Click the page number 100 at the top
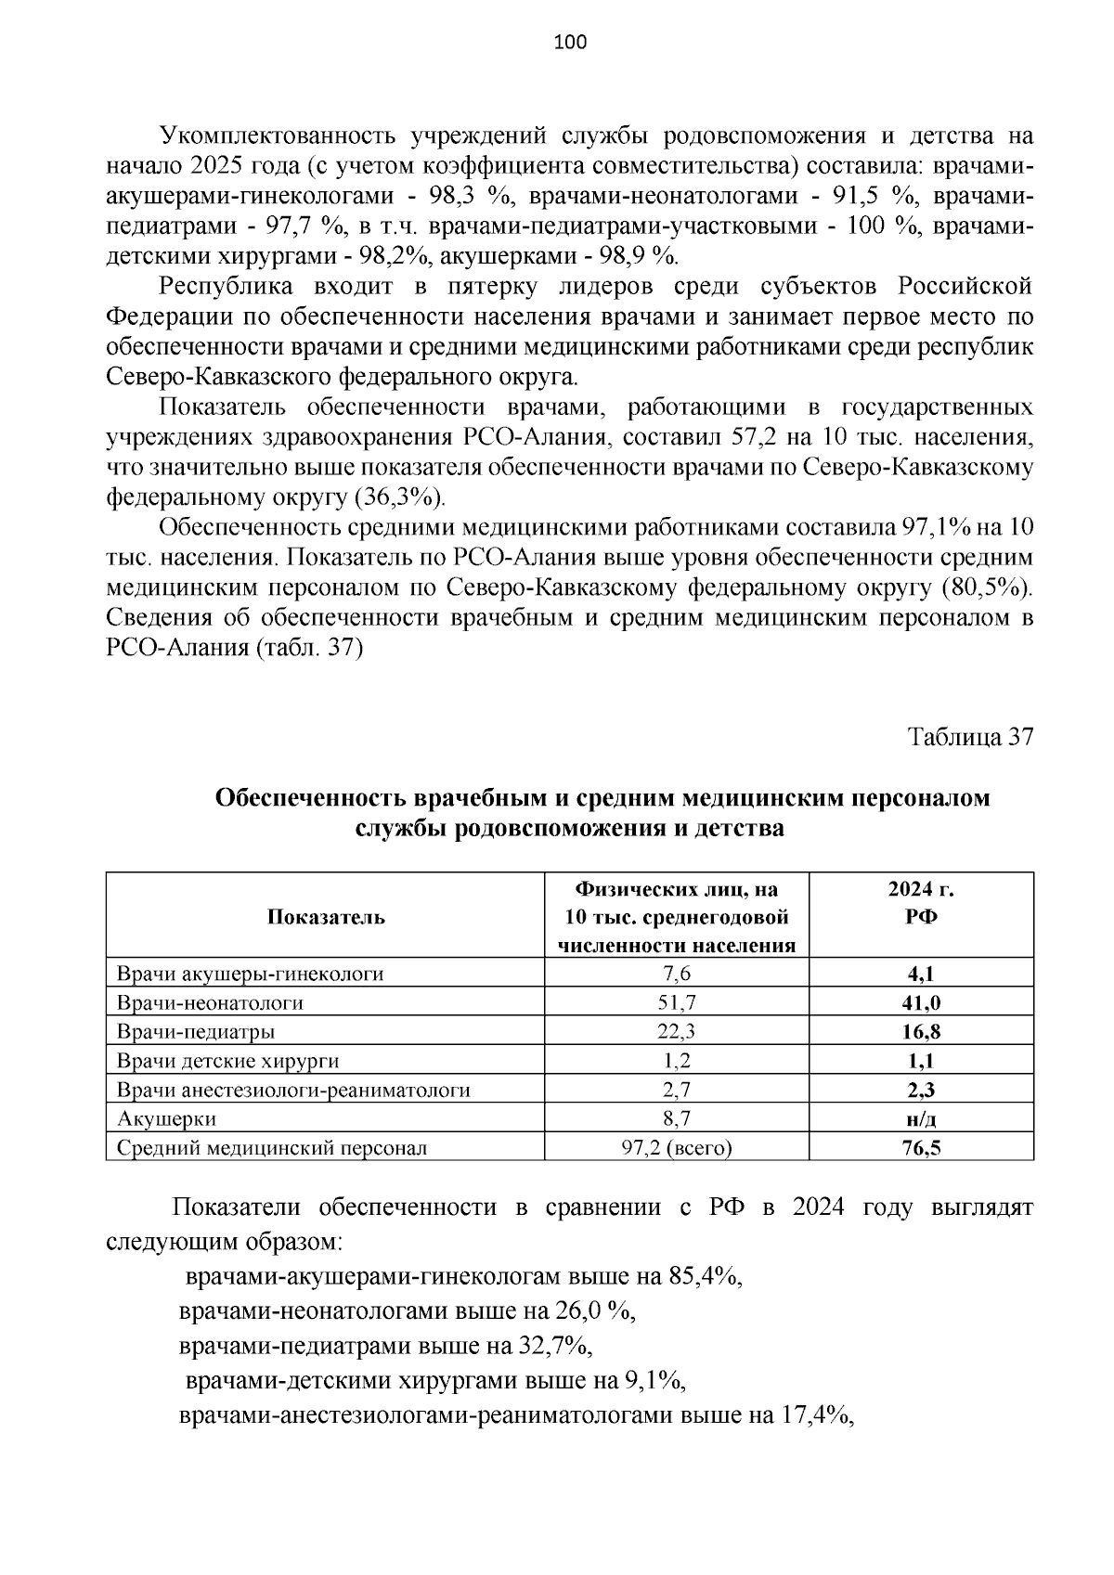click(x=569, y=42)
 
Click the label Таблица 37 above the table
click(x=970, y=737)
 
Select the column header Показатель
click(x=326, y=917)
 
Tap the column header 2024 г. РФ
click(x=921, y=903)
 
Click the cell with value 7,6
click(x=677, y=974)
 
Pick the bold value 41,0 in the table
click(x=921, y=1003)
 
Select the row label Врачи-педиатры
click(x=195, y=1032)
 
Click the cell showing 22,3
click(x=677, y=1032)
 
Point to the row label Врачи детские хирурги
click(x=227, y=1061)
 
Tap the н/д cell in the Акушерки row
click(x=921, y=1119)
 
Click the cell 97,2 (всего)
click(x=677, y=1148)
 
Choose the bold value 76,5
click(x=921, y=1148)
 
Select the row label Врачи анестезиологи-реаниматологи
click(x=293, y=1091)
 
